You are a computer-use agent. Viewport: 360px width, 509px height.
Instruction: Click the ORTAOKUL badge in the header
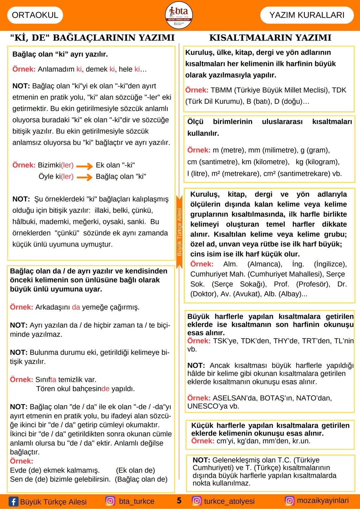pyautogui.click(x=35, y=15)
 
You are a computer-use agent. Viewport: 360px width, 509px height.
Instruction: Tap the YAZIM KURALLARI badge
pyautogui.click(x=307, y=15)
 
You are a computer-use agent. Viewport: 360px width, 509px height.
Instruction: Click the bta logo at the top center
pyautogui.click(x=179, y=15)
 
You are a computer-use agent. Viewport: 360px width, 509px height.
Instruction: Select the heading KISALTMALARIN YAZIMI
pyautogui.click(x=270, y=38)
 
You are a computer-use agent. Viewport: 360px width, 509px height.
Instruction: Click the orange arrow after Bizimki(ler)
pyautogui.click(x=85, y=166)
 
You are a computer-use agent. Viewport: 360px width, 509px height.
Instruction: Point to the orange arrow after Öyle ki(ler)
pyautogui.click(x=85, y=177)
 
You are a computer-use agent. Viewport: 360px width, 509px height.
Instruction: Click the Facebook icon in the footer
pyautogui.click(x=13, y=501)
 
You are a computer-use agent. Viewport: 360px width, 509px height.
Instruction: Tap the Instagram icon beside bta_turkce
pyautogui.click(x=110, y=501)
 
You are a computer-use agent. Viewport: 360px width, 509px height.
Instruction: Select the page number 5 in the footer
pyautogui.click(x=179, y=501)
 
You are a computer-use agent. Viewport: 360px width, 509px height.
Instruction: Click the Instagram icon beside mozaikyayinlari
pyautogui.click(x=289, y=501)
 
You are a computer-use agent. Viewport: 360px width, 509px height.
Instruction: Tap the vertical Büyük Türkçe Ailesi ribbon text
pyautogui.click(x=179, y=232)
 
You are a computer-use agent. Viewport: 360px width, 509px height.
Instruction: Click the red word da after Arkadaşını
pyautogui.click(x=76, y=307)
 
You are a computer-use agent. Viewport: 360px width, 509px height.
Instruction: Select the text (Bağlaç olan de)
pyautogui.click(x=141, y=479)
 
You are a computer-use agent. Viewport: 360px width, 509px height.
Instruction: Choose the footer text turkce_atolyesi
pyautogui.click(x=229, y=501)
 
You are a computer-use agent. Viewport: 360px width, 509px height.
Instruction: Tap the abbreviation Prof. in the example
pyautogui.click(x=281, y=284)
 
